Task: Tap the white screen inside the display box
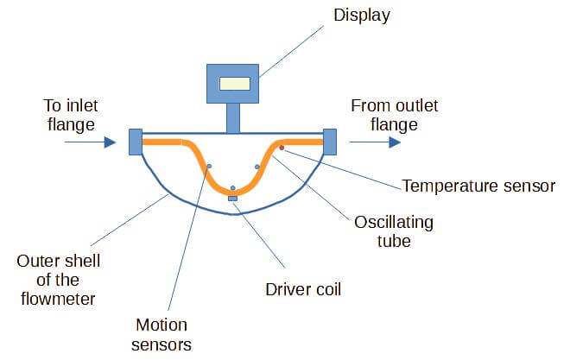coord(235,84)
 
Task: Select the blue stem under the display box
coord(233,117)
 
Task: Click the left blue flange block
coord(135,142)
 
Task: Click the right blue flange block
coord(329,142)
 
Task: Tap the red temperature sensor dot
coord(282,148)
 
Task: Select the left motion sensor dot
coord(209,166)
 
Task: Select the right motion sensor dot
coord(256,166)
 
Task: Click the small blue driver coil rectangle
coord(232,199)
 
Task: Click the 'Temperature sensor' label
coord(478,185)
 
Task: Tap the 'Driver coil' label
coord(302,288)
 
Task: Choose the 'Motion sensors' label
coord(162,335)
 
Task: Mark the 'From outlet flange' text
coord(394,115)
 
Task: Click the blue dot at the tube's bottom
coord(232,187)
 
